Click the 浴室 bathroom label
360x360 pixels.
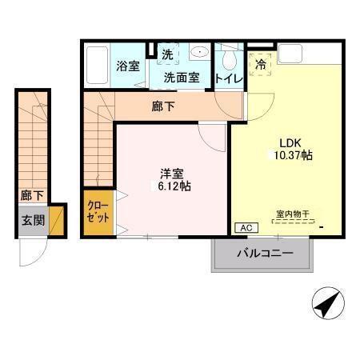pyautogui.click(x=129, y=66)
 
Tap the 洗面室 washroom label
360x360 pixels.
pyautogui.click(x=181, y=78)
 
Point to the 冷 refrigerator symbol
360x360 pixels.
pyautogui.click(x=261, y=64)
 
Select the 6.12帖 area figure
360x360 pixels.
pyautogui.click(x=174, y=186)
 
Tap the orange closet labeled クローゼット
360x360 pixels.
pyautogui.click(x=100, y=211)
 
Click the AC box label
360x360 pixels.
pyautogui.click(x=242, y=227)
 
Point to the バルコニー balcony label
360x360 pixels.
pyautogui.click(x=264, y=254)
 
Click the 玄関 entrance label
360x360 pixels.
pyautogui.click(x=33, y=221)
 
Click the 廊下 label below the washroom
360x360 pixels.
pyautogui.click(x=162, y=106)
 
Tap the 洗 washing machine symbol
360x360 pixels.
pyautogui.click(x=167, y=54)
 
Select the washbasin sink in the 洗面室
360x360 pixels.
pyautogui.click(x=198, y=54)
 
